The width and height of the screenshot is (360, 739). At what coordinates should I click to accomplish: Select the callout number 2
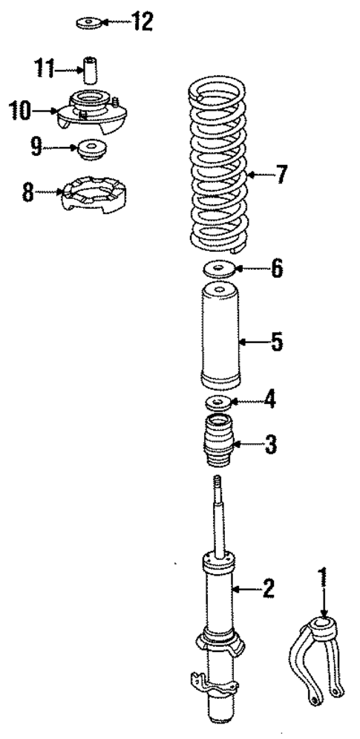[267, 590]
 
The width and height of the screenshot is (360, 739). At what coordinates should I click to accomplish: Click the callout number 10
[20, 112]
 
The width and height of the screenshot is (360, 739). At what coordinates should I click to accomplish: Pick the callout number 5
[276, 342]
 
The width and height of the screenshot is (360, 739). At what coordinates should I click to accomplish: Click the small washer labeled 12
[88, 23]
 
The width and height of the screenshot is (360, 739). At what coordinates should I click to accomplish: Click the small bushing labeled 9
[91, 148]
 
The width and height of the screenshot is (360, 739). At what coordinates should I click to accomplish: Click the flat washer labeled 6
[219, 270]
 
